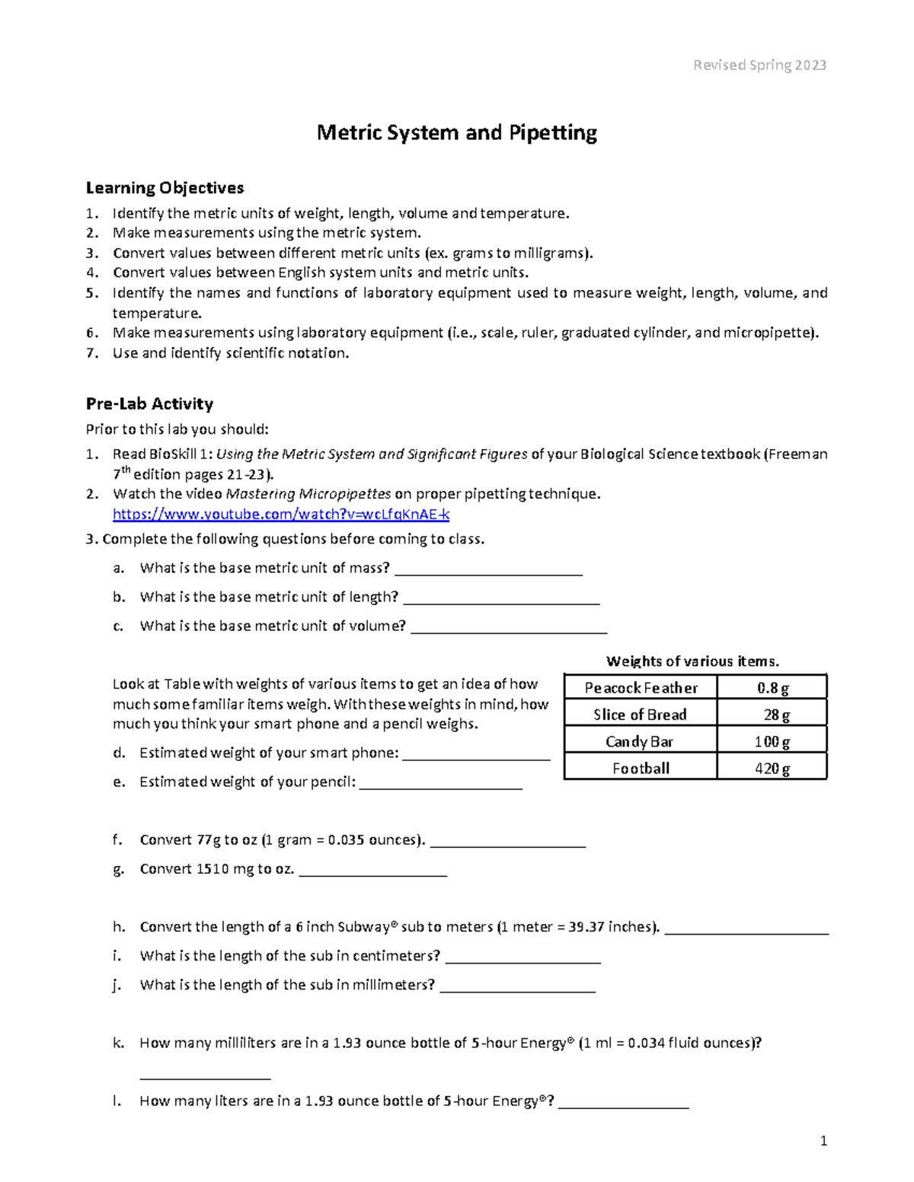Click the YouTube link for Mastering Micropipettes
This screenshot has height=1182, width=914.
point(280,515)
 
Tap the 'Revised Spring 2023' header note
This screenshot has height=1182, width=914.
point(759,65)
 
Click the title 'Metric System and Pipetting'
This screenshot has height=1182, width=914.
point(457,133)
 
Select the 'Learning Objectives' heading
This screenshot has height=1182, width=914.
point(165,188)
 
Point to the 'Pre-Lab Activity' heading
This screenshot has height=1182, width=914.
point(149,404)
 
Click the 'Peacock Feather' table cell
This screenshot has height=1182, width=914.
point(641,688)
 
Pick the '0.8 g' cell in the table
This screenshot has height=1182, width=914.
point(772,688)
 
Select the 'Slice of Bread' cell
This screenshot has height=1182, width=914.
point(641,715)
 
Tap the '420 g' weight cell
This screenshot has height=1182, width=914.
point(772,769)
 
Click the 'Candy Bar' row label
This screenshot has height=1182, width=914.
point(641,742)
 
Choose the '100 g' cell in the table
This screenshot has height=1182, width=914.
point(772,742)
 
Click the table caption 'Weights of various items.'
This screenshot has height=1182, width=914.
point(692,661)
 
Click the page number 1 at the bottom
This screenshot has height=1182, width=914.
point(823,1141)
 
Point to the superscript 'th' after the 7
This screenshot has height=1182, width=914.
point(126,470)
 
